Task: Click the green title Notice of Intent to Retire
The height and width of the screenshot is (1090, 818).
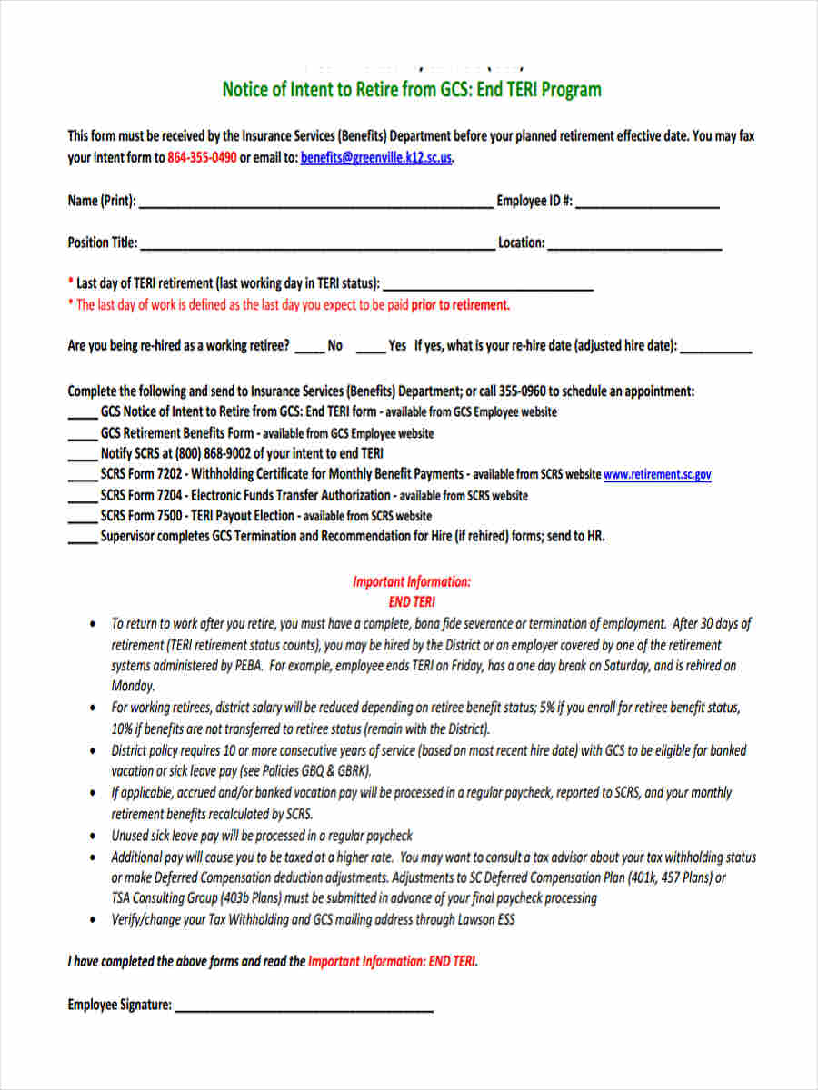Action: pos(412,90)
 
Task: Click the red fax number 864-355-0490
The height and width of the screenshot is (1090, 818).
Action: pos(202,157)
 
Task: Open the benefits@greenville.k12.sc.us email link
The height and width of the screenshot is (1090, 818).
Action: pos(376,157)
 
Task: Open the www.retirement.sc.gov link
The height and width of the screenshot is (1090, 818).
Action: pos(657,474)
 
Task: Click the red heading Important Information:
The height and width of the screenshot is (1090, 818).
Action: pos(412,581)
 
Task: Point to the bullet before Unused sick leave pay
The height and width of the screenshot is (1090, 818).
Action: pos(95,836)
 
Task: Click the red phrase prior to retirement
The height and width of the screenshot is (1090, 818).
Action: pos(460,305)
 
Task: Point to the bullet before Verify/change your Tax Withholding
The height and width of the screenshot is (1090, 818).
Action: pos(95,920)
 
